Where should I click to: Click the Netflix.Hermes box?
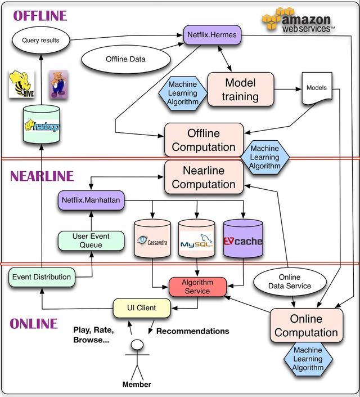(x=212, y=35)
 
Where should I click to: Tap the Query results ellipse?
(x=40, y=41)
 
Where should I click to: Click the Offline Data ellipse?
(x=125, y=59)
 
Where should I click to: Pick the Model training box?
(x=240, y=90)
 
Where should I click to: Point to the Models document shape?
(x=316, y=88)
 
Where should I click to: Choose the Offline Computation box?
(x=204, y=140)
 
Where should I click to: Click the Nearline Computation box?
(x=204, y=177)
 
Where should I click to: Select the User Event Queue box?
(x=91, y=240)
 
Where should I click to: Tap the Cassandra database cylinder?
(x=152, y=239)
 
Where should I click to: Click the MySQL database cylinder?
(x=196, y=239)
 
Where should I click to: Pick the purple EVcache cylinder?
(x=243, y=239)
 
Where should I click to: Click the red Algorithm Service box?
(x=197, y=287)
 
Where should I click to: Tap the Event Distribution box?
(x=42, y=277)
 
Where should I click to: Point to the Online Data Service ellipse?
(x=290, y=282)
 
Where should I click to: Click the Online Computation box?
(x=306, y=325)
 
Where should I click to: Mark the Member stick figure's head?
(x=137, y=345)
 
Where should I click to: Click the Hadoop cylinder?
(x=41, y=124)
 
